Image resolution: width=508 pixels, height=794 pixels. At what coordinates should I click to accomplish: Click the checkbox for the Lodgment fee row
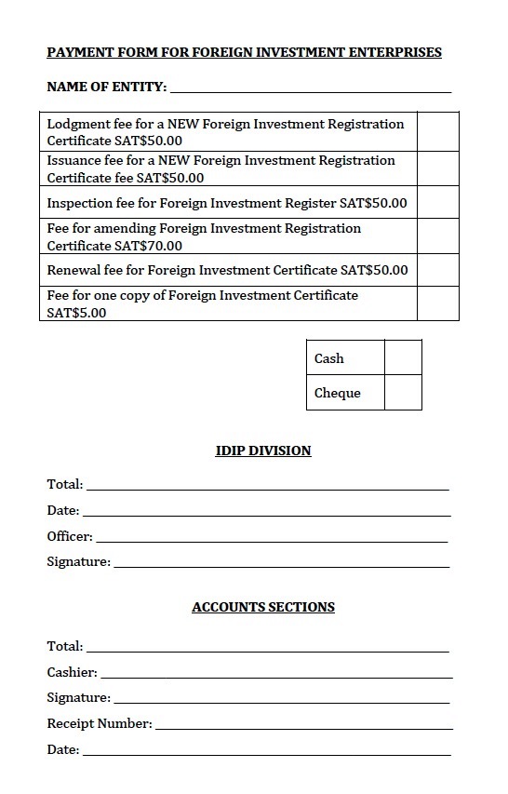click(x=437, y=131)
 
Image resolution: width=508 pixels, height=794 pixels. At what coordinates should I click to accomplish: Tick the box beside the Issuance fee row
click(x=437, y=168)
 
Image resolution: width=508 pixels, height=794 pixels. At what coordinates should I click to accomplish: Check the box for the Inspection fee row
click(x=437, y=202)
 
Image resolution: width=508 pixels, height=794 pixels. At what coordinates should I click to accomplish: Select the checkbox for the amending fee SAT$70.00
click(x=437, y=236)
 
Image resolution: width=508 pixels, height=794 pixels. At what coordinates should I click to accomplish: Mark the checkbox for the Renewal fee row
click(x=437, y=270)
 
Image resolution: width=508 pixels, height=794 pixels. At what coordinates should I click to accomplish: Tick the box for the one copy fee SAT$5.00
click(x=437, y=303)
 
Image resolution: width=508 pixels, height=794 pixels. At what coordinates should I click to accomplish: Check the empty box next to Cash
click(x=403, y=357)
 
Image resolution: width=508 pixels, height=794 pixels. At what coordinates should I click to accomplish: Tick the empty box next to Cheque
click(x=403, y=392)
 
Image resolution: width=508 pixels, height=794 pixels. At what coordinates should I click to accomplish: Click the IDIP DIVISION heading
click(x=263, y=451)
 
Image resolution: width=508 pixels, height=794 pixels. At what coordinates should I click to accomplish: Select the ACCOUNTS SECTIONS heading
click(x=263, y=607)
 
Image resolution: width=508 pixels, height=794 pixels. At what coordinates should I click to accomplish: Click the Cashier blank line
click(x=275, y=673)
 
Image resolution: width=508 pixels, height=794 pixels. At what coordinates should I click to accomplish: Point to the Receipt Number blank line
click(x=303, y=725)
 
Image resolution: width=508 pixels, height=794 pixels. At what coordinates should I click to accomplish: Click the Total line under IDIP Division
click(x=267, y=486)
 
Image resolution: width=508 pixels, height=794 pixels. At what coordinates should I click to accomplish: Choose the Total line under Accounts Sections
click(x=267, y=647)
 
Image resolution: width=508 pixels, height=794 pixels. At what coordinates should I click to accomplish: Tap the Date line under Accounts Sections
click(x=266, y=751)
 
